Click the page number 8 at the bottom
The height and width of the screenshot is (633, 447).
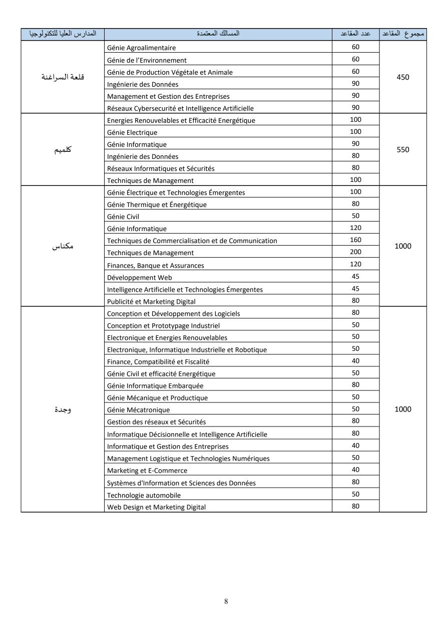click(x=226, y=601)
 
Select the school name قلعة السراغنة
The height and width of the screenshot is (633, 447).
click(x=63, y=77)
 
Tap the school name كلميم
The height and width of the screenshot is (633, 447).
click(x=63, y=150)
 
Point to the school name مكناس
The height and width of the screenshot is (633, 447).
click(x=63, y=246)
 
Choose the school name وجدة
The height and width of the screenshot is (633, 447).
click(x=63, y=409)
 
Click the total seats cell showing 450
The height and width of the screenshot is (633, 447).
click(x=403, y=77)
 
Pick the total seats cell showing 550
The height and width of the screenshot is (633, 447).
click(x=403, y=150)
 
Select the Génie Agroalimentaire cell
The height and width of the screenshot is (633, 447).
click(x=142, y=48)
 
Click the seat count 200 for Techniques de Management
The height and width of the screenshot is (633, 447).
click(x=355, y=252)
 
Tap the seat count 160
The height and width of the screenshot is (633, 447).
click(x=355, y=240)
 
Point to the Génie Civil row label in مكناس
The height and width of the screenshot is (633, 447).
click(x=123, y=217)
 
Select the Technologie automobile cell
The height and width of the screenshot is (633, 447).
click(x=144, y=495)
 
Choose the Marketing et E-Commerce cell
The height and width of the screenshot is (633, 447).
click(x=147, y=471)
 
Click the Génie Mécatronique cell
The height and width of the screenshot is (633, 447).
click(x=139, y=410)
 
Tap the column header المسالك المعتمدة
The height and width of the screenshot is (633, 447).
click(x=218, y=34)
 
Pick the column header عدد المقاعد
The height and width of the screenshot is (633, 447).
click(x=355, y=34)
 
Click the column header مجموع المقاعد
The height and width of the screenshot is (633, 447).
click(x=403, y=34)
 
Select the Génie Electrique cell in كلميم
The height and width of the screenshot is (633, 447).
click(x=132, y=133)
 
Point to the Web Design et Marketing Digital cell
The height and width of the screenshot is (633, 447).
click(x=156, y=507)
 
